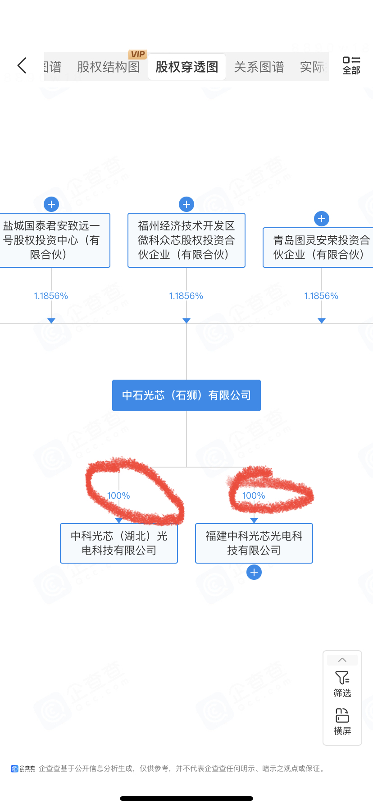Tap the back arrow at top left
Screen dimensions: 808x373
[x=22, y=66]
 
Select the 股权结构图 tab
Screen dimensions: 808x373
[x=108, y=67]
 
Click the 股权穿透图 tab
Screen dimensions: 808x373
[x=186, y=67]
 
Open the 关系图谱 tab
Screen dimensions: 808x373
[x=259, y=67]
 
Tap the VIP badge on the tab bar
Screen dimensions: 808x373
[x=138, y=54]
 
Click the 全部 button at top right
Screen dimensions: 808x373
[x=351, y=66]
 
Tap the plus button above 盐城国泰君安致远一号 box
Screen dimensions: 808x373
[x=51, y=204]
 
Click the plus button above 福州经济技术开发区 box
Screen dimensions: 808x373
[x=186, y=204]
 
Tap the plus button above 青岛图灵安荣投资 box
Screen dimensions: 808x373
[x=322, y=219]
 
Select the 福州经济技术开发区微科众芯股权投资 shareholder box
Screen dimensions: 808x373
[x=186, y=240]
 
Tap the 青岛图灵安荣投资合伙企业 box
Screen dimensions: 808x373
[x=320, y=248]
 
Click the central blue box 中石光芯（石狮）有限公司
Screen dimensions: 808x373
[x=186, y=395]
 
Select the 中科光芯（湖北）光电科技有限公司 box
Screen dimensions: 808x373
[x=119, y=543]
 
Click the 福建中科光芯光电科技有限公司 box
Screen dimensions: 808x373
[x=254, y=543]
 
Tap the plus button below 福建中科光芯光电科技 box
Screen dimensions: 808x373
[x=254, y=572]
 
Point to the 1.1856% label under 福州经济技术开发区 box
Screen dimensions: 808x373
[x=186, y=296]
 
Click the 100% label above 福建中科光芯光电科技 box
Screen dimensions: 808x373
[x=254, y=496]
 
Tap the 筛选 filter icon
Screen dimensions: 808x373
[x=342, y=684]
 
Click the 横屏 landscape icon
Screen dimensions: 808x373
[x=342, y=721]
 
